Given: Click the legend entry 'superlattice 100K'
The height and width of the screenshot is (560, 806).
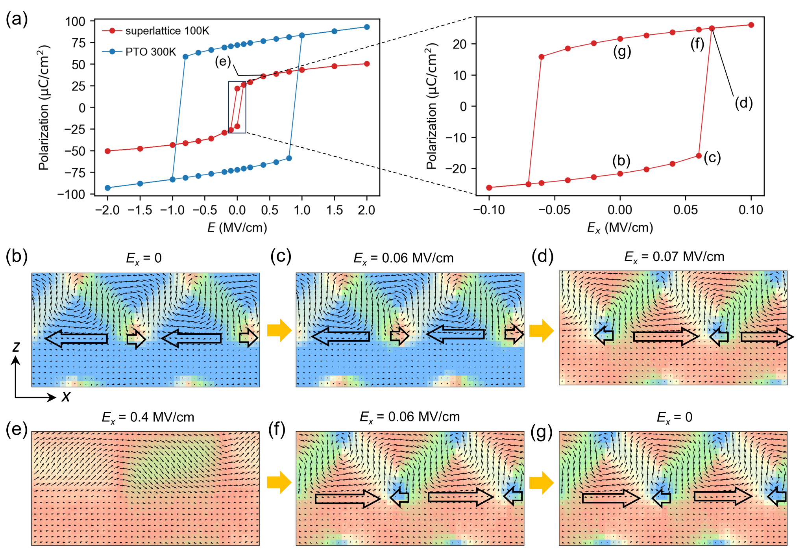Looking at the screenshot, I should [x=167, y=31].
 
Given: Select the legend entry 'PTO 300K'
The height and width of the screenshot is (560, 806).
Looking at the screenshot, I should [x=150, y=52].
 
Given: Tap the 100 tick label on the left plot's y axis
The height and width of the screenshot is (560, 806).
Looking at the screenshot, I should [x=75, y=21].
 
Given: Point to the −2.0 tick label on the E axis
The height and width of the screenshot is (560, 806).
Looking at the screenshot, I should [x=107, y=210].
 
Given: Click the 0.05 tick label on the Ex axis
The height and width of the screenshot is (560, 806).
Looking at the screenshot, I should [x=685, y=210].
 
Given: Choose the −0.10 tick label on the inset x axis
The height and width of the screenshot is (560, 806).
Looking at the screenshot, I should [x=489, y=210].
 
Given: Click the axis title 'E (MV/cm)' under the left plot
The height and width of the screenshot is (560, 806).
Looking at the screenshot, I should [x=237, y=227].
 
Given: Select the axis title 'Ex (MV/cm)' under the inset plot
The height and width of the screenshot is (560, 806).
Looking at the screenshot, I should [x=620, y=228].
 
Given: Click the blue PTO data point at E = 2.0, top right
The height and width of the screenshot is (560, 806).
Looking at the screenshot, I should [x=367, y=27].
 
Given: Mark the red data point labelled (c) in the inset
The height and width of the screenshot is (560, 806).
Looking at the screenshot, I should [x=699, y=156].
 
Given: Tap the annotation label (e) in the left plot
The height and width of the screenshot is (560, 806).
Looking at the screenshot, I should [x=223, y=61].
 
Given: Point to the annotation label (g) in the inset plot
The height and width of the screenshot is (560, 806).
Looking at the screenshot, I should [x=622, y=51].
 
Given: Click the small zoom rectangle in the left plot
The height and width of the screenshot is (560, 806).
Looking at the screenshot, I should [x=237, y=107].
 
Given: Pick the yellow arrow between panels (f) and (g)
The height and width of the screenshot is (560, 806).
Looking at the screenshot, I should [x=541, y=482].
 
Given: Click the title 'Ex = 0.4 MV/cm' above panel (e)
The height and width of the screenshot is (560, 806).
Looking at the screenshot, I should [x=148, y=417].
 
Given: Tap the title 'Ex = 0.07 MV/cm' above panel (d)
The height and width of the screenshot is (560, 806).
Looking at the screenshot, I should [x=674, y=257].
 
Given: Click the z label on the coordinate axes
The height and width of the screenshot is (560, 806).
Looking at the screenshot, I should [x=16, y=346].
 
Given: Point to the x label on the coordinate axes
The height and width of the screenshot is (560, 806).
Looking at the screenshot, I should [x=66, y=396].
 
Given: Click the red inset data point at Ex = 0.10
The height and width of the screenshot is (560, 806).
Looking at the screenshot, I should [x=751, y=25].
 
